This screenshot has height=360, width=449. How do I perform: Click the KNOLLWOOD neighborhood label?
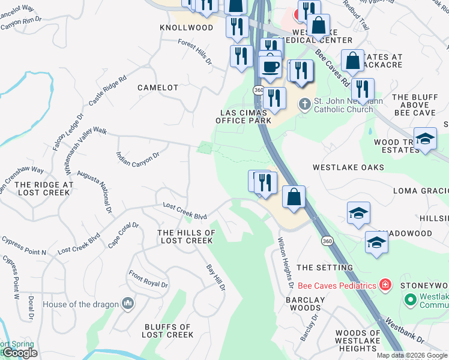point(186,28)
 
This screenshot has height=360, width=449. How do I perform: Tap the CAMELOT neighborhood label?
point(158,88)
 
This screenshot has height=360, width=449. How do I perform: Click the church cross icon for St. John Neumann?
point(305,104)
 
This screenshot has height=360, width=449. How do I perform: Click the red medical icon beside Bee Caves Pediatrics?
point(385,285)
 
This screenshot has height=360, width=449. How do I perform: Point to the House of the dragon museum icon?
point(127,304)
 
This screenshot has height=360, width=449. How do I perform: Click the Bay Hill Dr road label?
point(215,278)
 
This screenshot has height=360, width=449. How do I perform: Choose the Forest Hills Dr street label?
point(195,52)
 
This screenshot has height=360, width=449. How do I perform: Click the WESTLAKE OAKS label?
point(348,167)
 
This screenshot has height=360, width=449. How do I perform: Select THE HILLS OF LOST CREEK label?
point(186,236)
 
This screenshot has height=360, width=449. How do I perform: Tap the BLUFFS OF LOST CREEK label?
point(167,331)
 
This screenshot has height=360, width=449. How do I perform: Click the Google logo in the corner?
point(19,353)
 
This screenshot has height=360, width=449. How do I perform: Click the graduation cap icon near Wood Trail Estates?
point(425,140)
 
